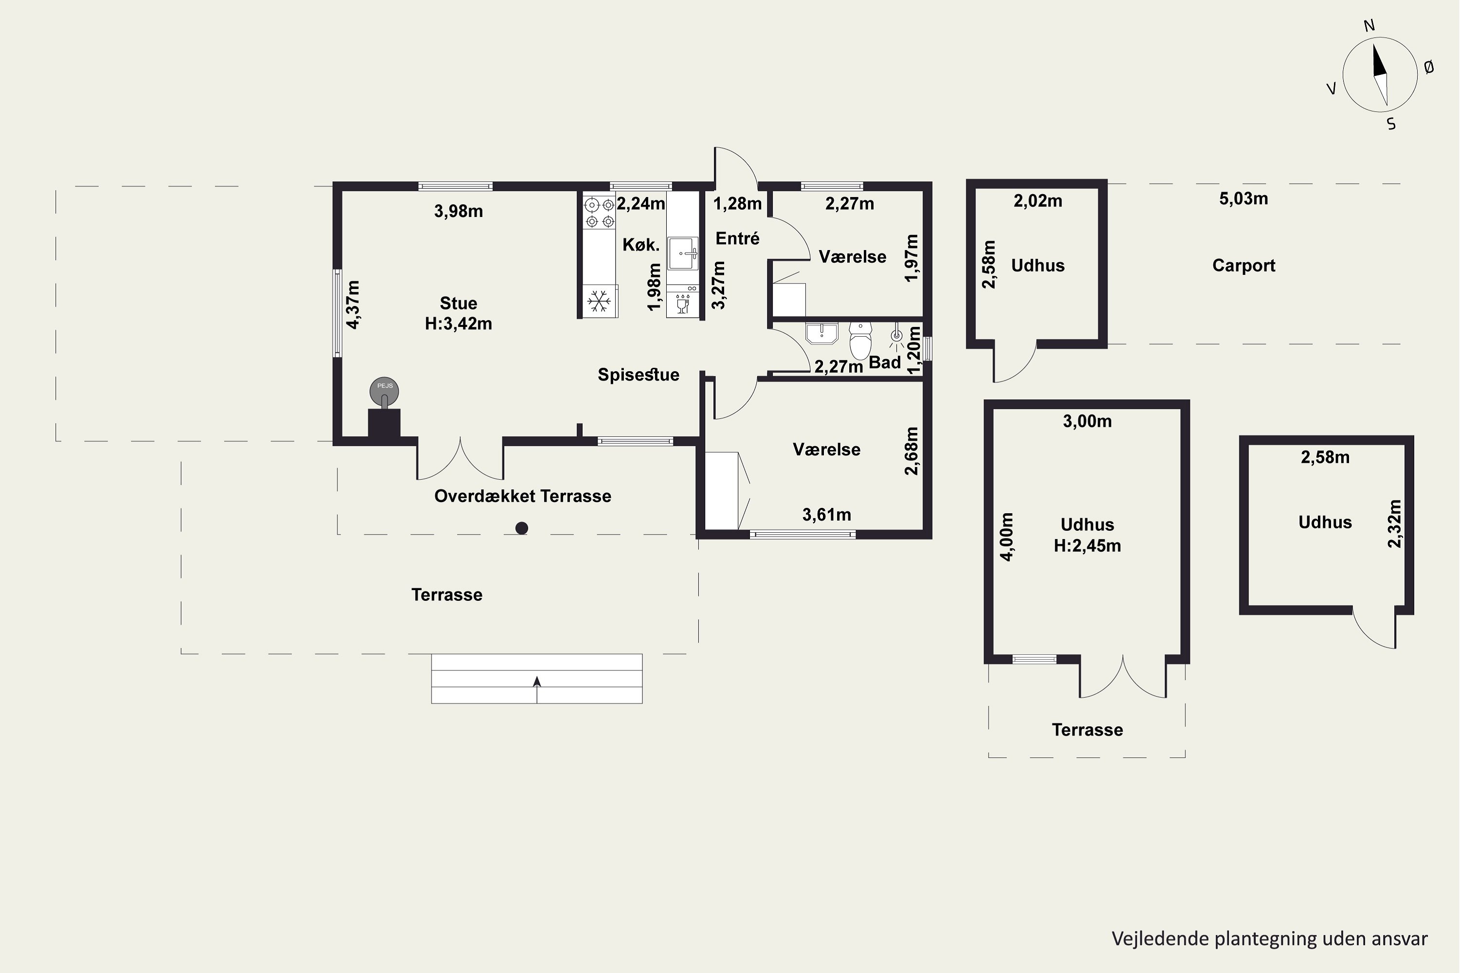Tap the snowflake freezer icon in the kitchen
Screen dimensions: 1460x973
599,301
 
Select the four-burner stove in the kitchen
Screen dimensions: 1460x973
600,212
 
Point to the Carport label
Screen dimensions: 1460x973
1243,266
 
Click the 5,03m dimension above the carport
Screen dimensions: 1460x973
1243,198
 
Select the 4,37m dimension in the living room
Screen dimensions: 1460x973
352,304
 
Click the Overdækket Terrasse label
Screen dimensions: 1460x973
523,496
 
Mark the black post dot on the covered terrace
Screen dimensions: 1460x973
521,528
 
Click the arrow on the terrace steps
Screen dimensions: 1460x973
537,689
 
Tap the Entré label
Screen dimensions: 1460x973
737,238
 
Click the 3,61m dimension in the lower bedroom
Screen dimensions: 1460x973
826,514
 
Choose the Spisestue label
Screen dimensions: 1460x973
638,375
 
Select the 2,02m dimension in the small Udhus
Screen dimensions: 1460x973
1038,201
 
